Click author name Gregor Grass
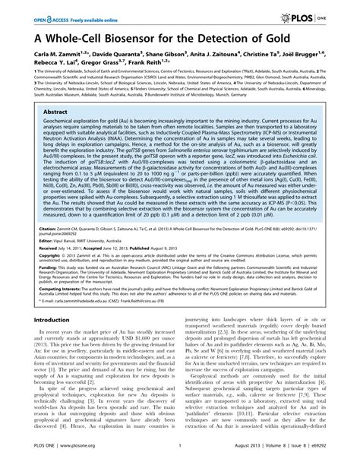click(100, 65)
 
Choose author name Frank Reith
click(150, 65)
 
